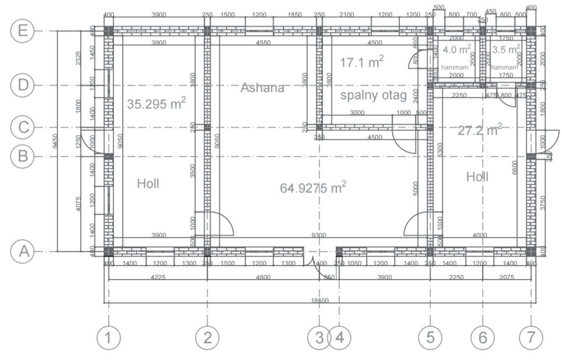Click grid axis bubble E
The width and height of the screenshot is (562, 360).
tap(22, 31)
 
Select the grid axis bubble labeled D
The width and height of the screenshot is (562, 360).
tap(22, 85)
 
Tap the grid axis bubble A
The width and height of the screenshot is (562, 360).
tap(22, 252)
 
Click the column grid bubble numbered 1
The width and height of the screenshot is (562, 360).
tap(109, 338)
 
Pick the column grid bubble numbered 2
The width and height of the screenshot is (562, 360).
tap(207, 338)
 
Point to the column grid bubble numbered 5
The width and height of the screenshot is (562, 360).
tap(431, 338)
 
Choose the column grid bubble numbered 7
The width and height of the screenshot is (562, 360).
tap(531, 338)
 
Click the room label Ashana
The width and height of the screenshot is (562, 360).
tap(262, 88)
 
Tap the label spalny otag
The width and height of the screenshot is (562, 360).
tap(373, 95)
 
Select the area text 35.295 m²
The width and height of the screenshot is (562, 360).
tap(156, 104)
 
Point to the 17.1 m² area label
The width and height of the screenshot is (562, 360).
tap(362, 62)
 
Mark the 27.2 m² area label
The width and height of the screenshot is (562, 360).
tap(480, 130)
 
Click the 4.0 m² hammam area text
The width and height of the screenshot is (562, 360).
tap(456, 50)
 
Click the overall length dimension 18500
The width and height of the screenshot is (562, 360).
tap(320, 301)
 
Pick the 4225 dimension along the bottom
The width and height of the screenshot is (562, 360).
tap(158, 277)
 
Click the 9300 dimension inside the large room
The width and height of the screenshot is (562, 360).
tap(319, 235)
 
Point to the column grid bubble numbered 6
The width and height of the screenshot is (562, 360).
tap(483, 338)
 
